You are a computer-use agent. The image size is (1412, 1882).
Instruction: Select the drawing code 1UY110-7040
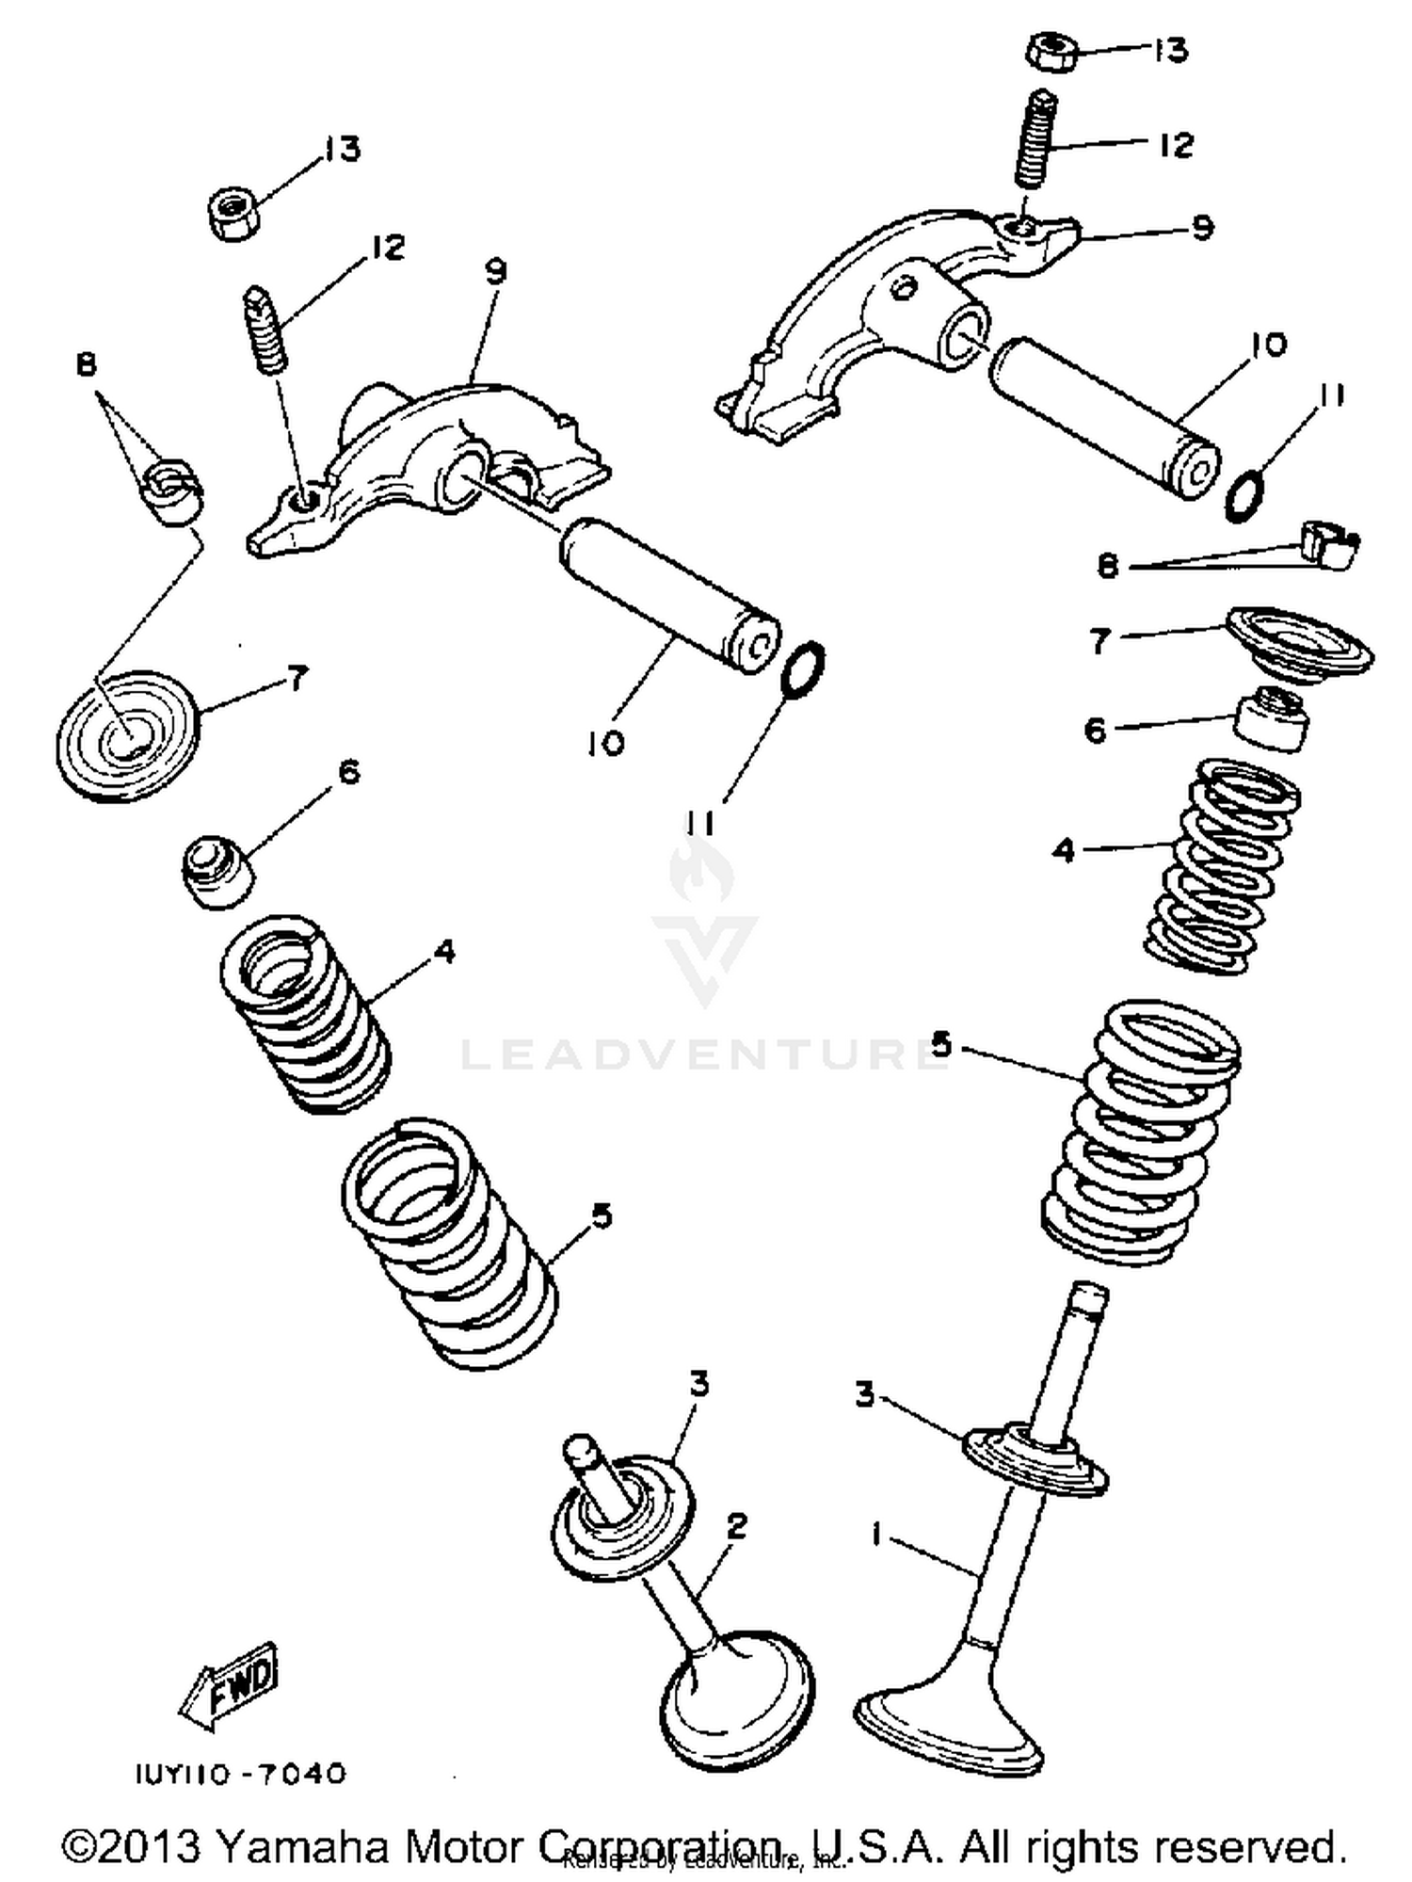[x=241, y=1775]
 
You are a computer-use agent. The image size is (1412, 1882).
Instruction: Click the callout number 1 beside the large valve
[x=876, y=1536]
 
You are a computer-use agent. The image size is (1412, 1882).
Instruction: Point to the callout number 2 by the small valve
[x=736, y=1525]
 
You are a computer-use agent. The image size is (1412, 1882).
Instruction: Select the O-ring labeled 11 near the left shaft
[x=804, y=668]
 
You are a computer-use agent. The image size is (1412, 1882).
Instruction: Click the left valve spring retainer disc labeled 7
[x=129, y=734]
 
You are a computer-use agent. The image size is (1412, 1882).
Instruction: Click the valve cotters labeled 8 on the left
[x=174, y=491]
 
